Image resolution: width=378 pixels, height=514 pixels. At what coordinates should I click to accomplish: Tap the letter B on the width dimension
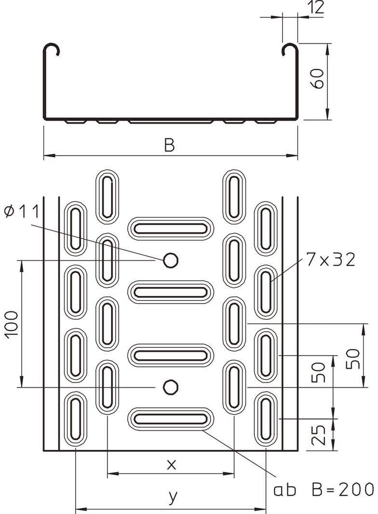(169, 145)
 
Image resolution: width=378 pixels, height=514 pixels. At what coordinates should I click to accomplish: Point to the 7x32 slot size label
(331, 261)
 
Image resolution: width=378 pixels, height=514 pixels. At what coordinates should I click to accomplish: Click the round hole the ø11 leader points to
(170, 260)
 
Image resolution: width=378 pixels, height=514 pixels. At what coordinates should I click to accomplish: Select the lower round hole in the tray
(170, 387)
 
